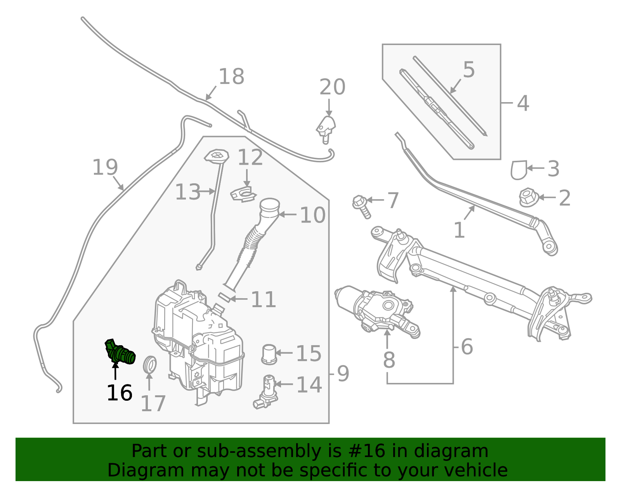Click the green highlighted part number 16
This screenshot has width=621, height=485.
point(120,353)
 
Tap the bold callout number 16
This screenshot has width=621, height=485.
point(119,393)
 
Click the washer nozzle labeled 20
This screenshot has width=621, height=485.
point(326,128)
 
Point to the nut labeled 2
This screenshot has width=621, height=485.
point(528,197)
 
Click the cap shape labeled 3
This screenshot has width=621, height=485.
point(519,170)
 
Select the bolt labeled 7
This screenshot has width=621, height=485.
point(361,206)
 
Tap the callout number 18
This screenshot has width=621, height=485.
point(231,76)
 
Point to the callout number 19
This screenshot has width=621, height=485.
point(105,167)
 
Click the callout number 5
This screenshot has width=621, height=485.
point(469,70)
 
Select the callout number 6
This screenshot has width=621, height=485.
point(467,346)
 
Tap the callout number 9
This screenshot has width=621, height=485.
point(343,374)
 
